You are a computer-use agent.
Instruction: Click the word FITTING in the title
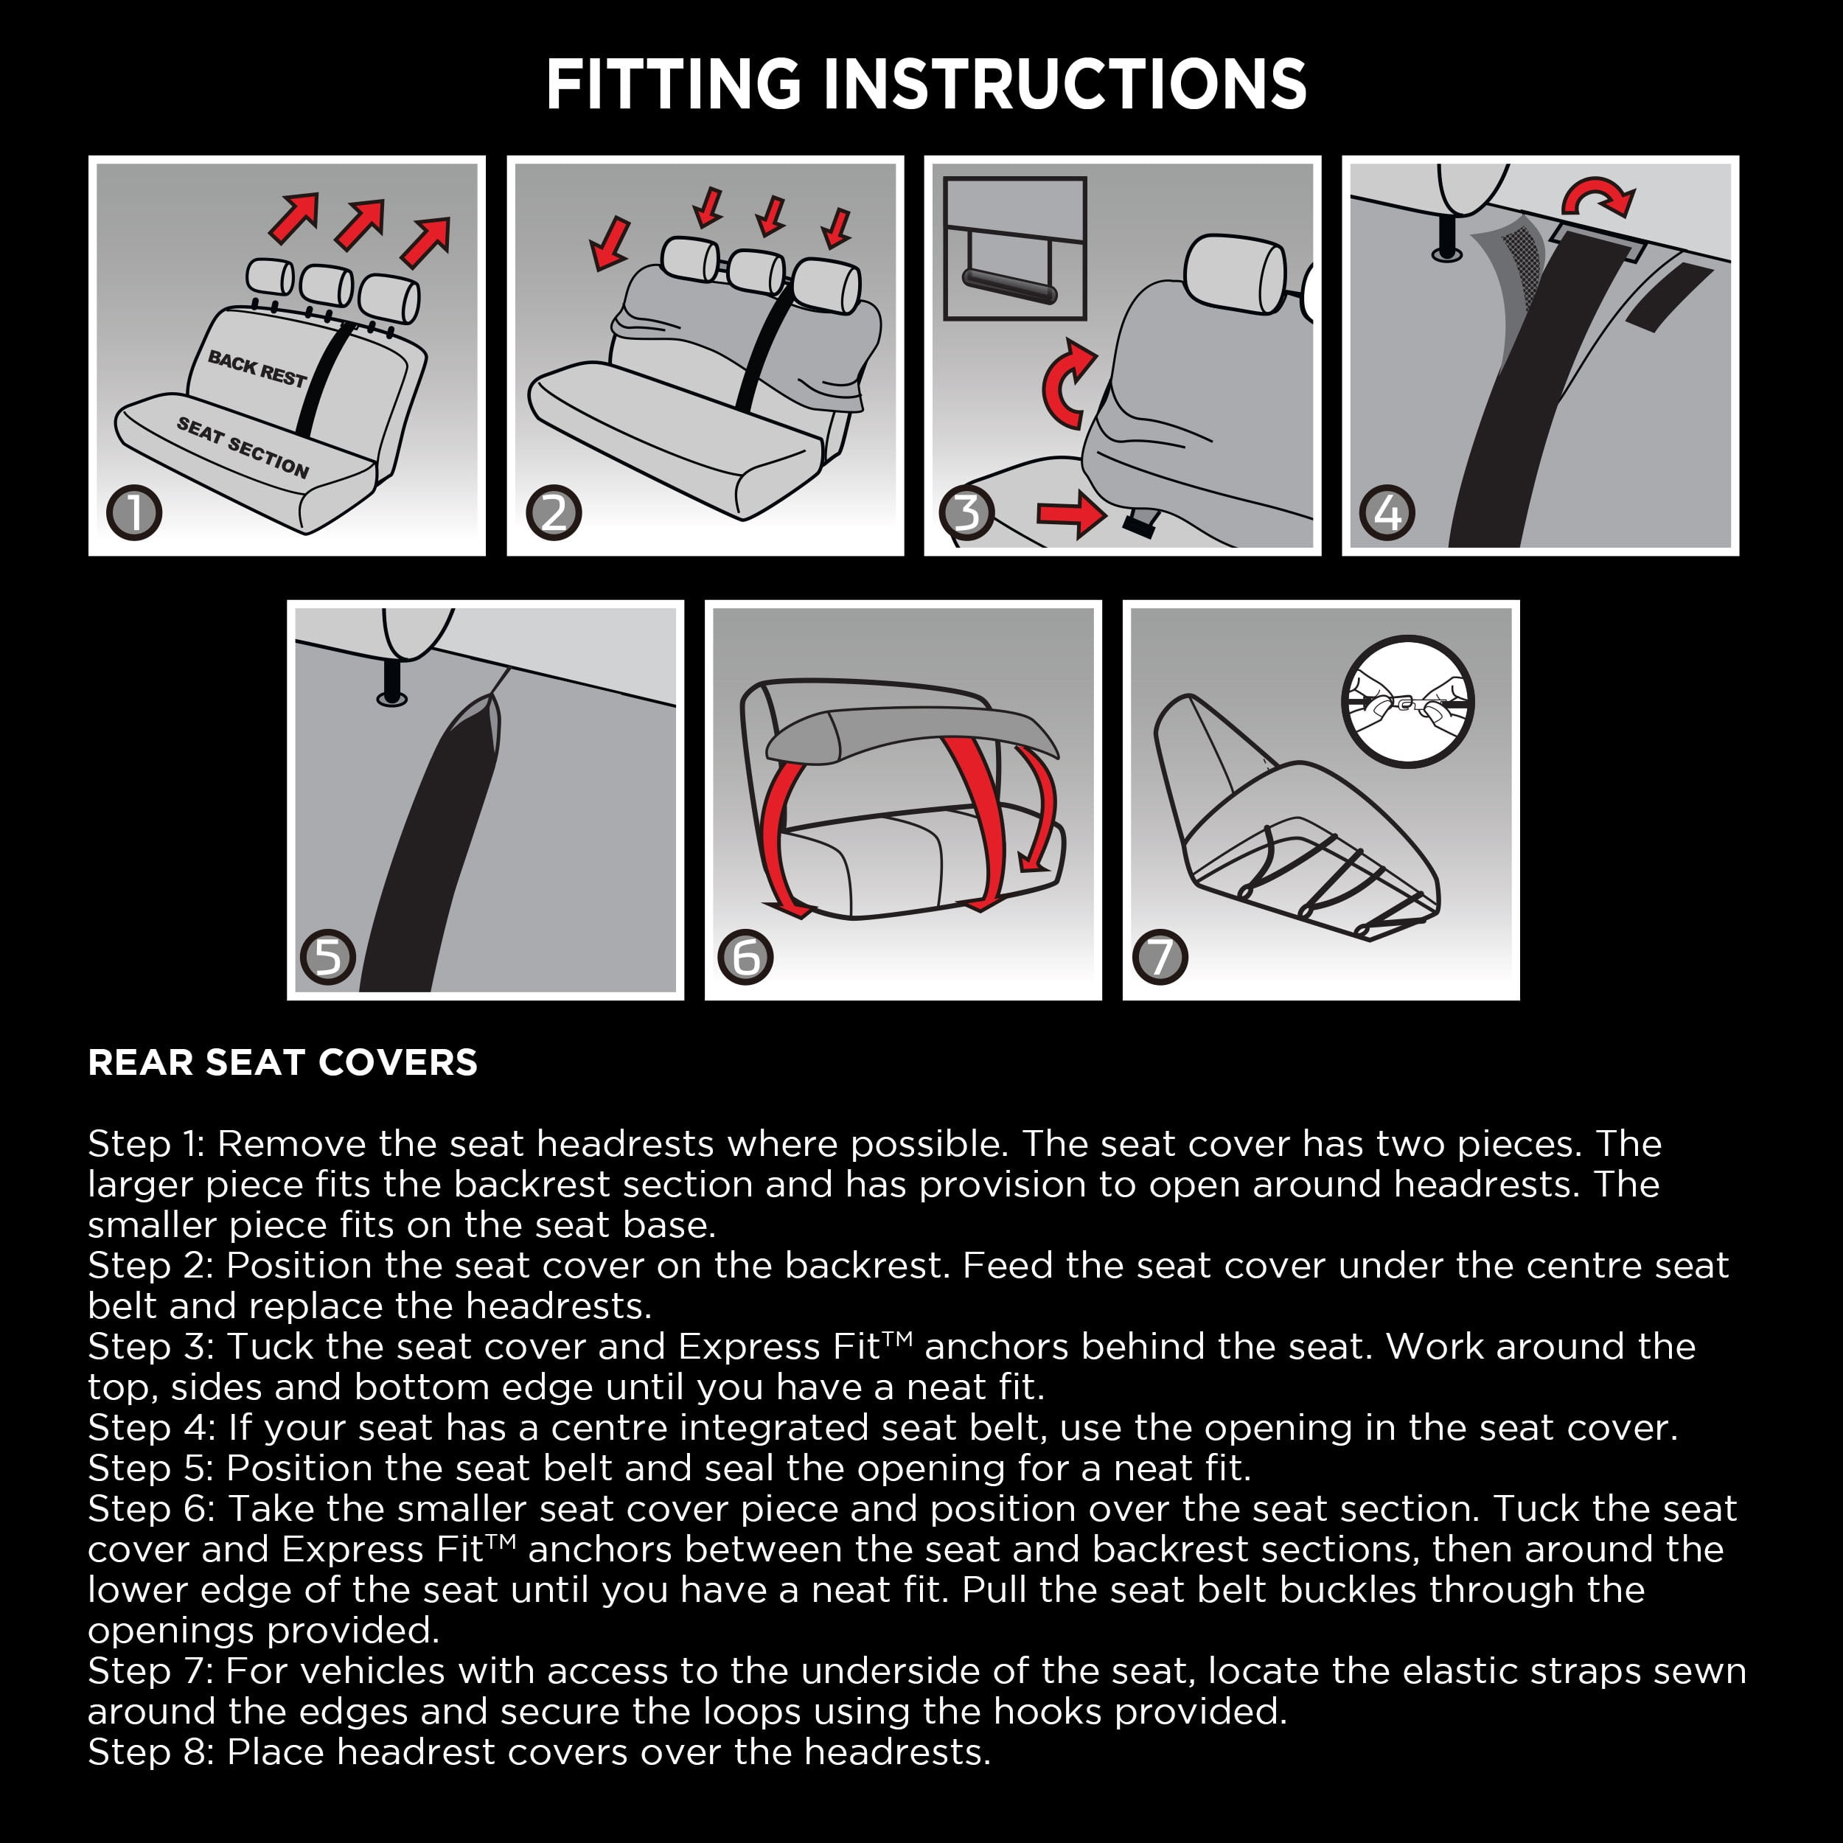click(674, 84)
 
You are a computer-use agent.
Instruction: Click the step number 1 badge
click(134, 512)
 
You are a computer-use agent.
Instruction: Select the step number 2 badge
click(554, 512)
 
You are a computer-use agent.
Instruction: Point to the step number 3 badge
click(966, 512)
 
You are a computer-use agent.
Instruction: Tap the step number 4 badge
click(1387, 512)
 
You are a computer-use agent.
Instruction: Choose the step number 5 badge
click(327, 957)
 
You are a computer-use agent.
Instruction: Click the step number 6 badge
click(745, 957)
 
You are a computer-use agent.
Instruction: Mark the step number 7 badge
click(1160, 957)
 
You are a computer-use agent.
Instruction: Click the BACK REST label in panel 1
click(257, 368)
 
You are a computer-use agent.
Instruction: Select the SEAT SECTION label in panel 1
click(243, 447)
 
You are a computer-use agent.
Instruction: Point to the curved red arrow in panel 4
click(1599, 197)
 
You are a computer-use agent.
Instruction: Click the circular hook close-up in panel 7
click(1407, 702)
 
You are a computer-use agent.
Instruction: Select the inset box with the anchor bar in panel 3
click(1015, 248)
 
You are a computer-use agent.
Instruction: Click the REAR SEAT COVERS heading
click(282, 1062)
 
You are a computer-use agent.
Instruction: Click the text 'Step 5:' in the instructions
click(150, 1467)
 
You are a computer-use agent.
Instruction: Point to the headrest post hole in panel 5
click(392, 698)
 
